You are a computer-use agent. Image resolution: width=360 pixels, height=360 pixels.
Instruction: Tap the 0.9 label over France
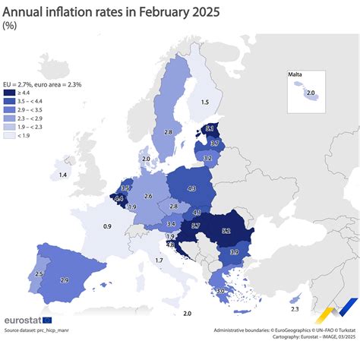(x=108, y=226)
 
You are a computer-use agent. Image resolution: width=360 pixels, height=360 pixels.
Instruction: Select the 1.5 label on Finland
(x=205, y=103)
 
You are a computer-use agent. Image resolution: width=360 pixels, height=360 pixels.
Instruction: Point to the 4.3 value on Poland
(x=191, y=188)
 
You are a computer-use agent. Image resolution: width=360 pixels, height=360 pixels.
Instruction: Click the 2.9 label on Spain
(x=65, y=280)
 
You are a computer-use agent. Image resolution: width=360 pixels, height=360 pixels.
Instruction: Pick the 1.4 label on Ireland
(x=62, y=175)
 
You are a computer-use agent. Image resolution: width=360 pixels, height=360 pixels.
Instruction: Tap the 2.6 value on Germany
(x=148, y=197)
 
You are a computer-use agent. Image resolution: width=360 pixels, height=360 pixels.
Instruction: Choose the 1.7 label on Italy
(x=158, y=261)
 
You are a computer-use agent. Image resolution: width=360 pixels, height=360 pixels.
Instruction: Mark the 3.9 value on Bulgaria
(x=235, y=252)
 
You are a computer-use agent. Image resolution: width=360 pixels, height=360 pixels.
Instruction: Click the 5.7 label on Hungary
(x=195, y=226)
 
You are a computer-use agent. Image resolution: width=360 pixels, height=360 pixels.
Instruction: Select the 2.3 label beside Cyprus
(x=295, y=309)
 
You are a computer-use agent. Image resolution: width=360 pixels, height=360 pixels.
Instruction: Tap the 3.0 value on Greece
(x=220, y=291)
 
